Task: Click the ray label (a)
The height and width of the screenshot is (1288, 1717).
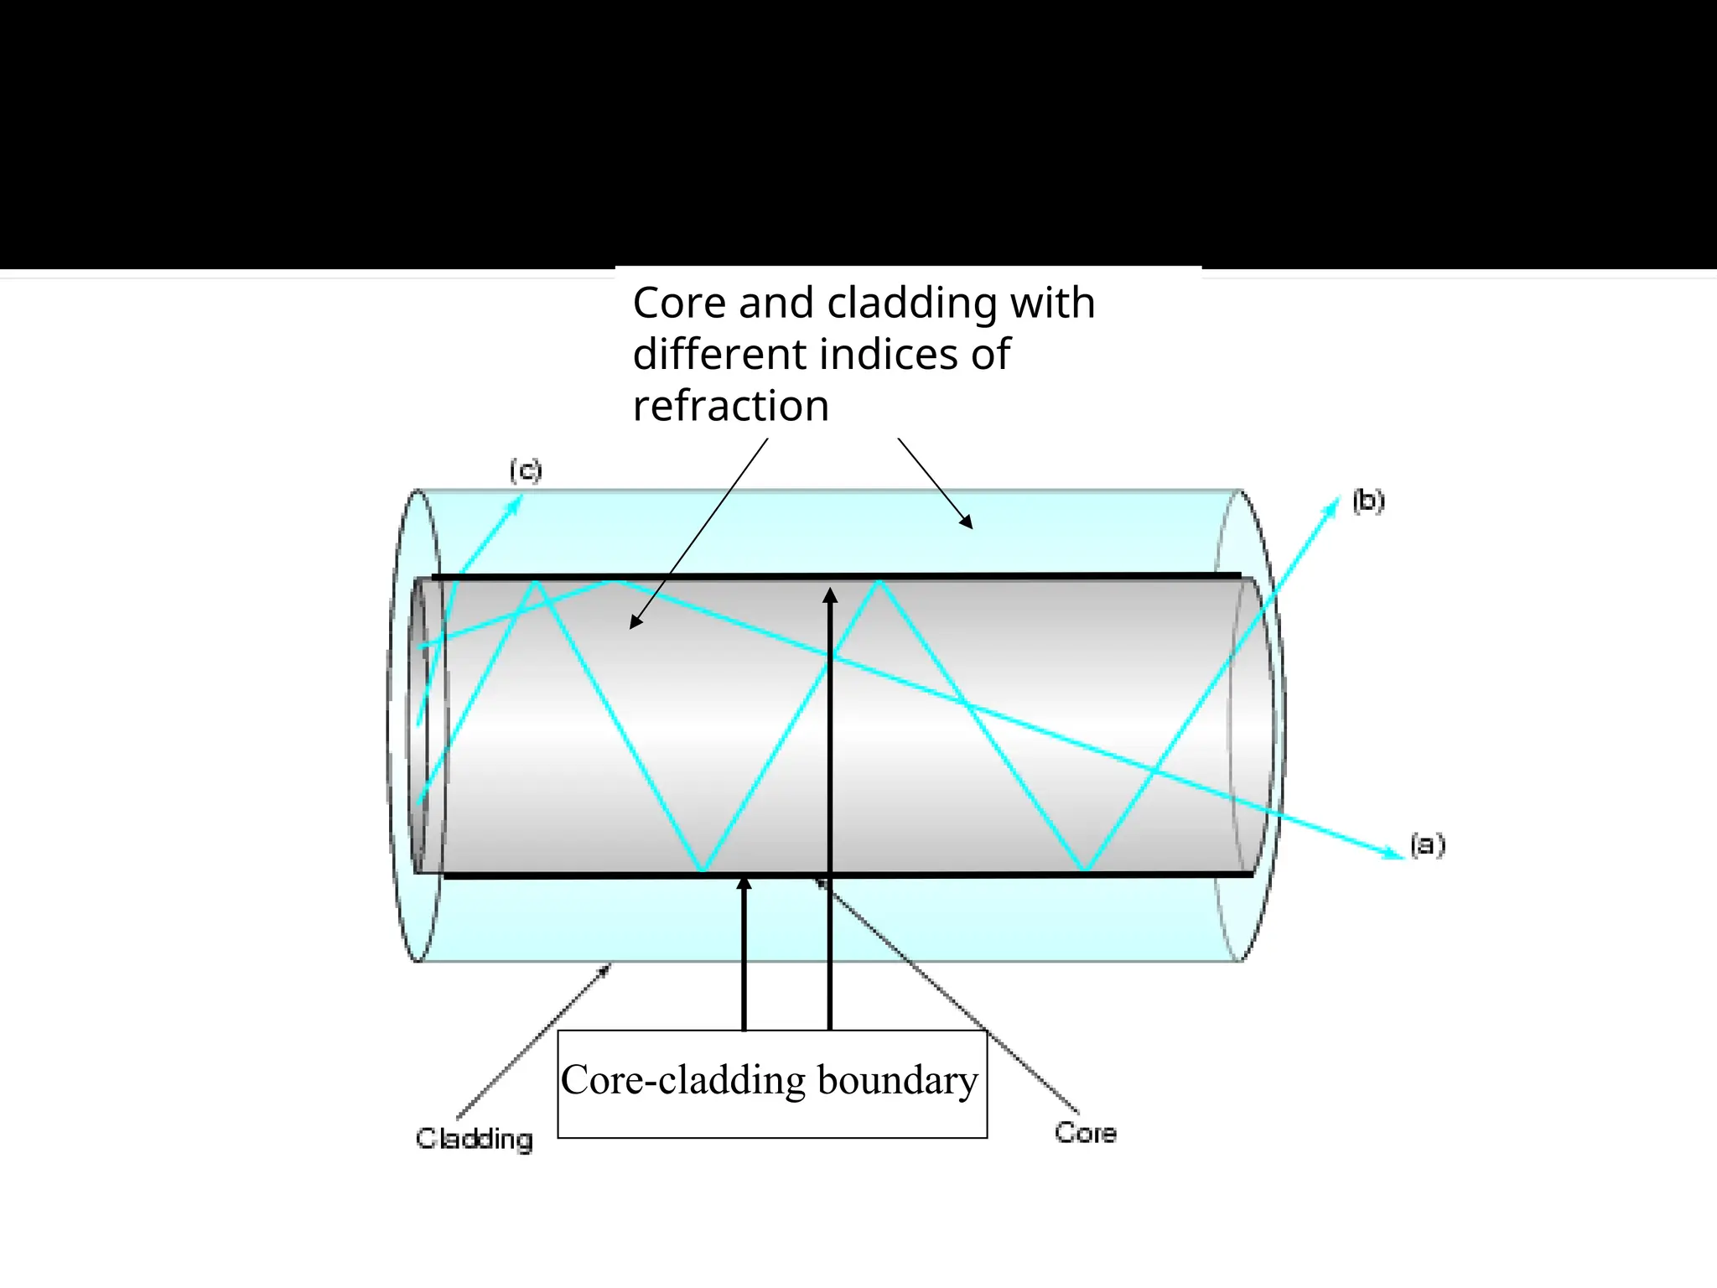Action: [x=1427, y=844]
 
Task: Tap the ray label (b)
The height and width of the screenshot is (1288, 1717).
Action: [x=1368, y=501]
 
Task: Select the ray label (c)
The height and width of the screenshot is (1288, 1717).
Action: [x=526, y=470]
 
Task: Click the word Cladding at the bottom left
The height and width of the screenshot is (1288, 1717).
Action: [x=475, y=1139]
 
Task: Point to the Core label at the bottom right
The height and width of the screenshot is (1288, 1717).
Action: [x=1086, y=1133]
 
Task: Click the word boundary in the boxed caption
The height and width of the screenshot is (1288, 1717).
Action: [x=898, y=1080]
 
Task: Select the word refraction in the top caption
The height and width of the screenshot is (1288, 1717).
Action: [x=731, y=406]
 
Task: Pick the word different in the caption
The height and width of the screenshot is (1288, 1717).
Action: [x=718, y=354]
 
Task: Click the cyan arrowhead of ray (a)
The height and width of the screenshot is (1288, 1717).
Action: [x=1395, y=854]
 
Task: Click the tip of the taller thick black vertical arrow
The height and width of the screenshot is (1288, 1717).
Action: [x=830, y=593]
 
